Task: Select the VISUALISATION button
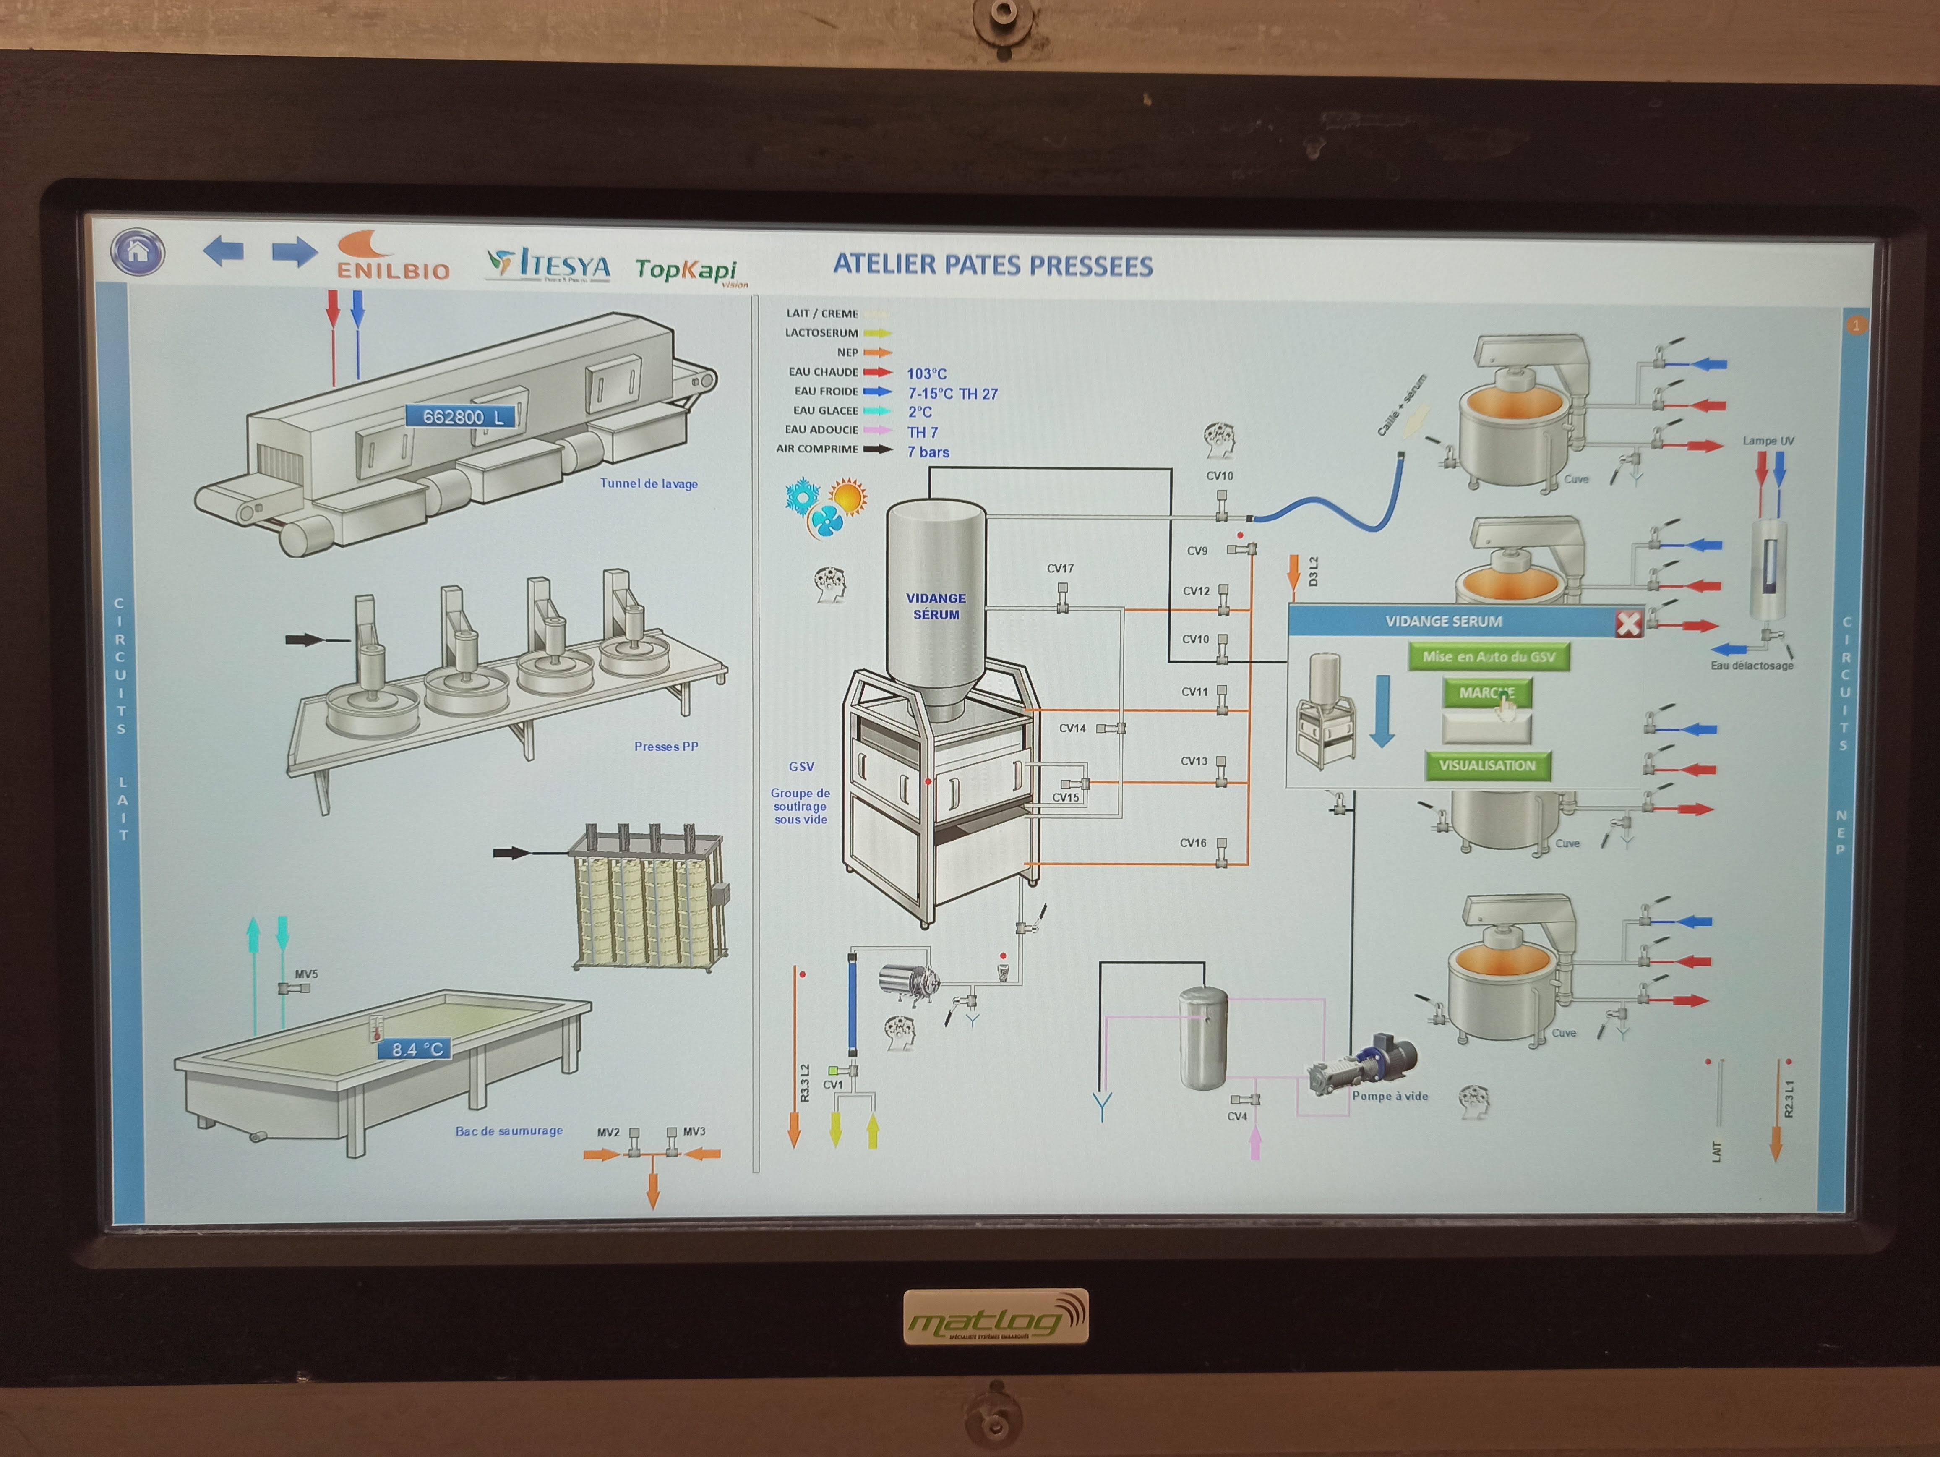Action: click(x=1487, y=766)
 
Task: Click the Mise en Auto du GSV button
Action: click(x=1488, y=657)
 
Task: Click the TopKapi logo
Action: click(x=688, y=270)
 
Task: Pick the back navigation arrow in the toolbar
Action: click(x=224, y=252)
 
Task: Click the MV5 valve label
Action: click(x=306, y=974)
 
